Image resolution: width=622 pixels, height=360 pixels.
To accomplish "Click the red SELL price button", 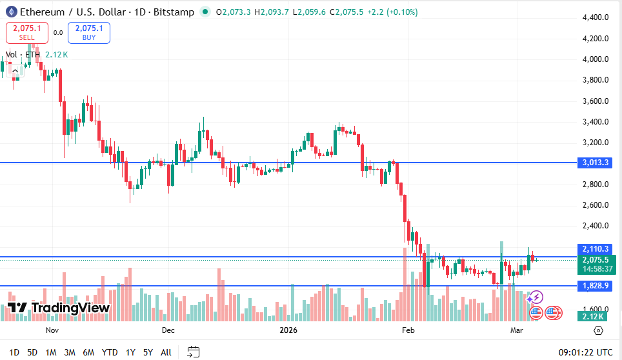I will coord(26,32).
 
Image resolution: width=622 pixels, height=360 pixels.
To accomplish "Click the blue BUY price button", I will coord(89,32).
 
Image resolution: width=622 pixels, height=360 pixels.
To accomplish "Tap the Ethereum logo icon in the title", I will coord(10,12).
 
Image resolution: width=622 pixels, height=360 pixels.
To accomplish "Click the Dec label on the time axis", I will coord(168,330).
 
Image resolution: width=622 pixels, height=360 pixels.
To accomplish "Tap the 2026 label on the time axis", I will coord(288,330).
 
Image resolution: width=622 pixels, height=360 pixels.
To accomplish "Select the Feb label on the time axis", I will coord(407,330).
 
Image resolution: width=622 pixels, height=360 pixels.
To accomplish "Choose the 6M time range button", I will coord(88,352).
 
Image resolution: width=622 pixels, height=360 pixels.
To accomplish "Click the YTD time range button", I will coord(110,352).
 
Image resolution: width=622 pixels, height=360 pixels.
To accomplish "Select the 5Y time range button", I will coord(148,352).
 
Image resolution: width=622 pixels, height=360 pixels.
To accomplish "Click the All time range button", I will coord(166,352).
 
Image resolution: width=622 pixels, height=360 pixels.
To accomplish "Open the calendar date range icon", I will coord(193,352).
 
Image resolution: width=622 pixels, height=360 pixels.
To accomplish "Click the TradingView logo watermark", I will coord(58,308).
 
